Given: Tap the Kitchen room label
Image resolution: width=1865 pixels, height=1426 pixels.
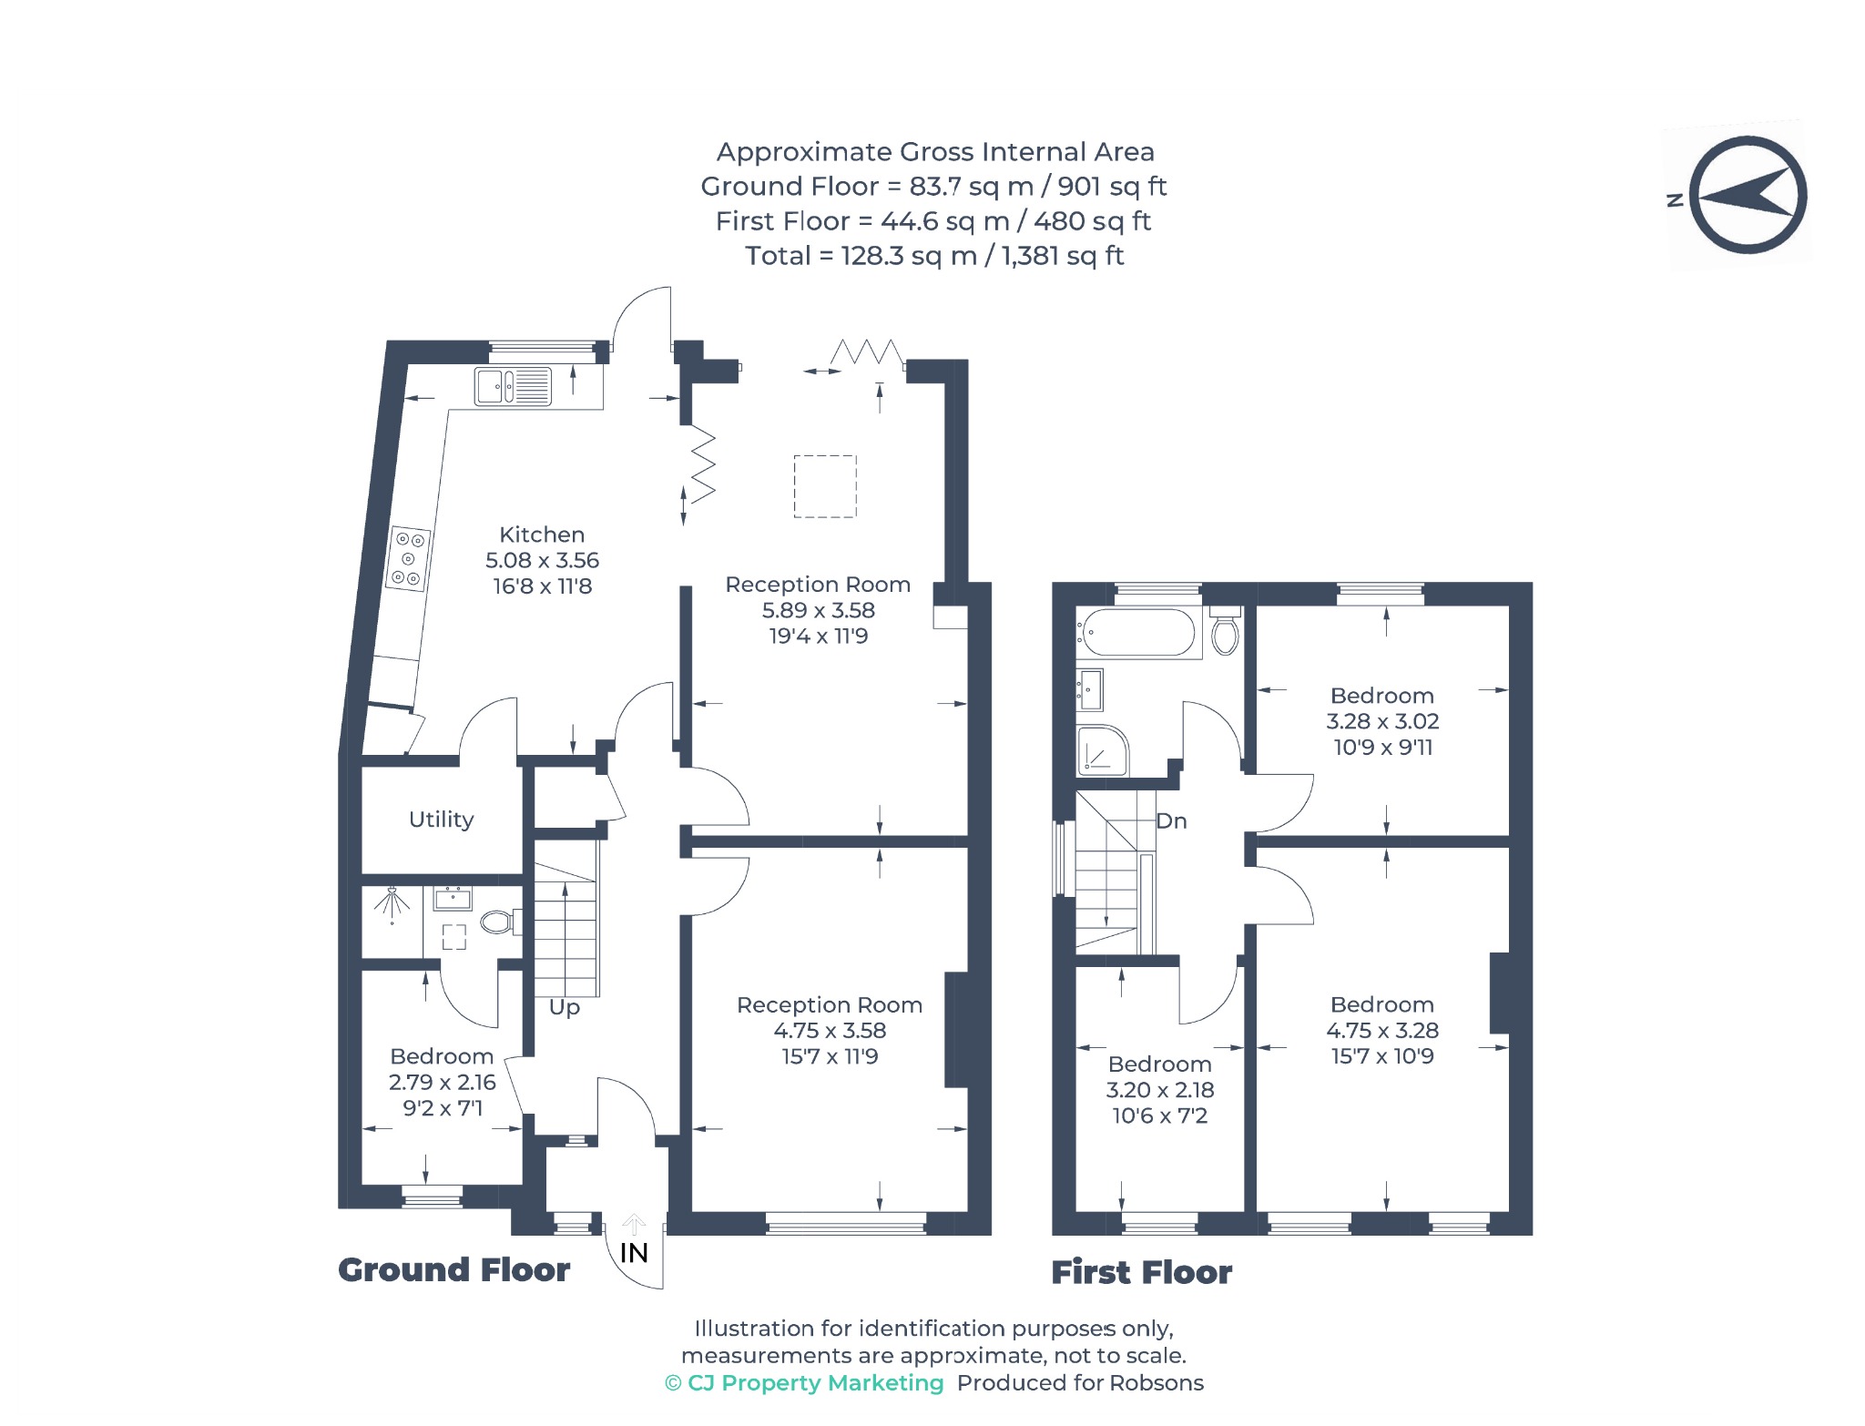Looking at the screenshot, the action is click(542, 535).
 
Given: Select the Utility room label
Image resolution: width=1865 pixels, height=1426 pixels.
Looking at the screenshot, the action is click(442, 820).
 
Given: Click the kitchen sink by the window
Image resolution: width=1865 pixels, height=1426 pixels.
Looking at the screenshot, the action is click(513, 386).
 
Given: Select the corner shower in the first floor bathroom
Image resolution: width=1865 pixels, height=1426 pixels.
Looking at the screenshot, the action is click(1102, 750).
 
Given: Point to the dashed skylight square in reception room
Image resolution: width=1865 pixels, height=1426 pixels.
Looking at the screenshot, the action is click(825, 486).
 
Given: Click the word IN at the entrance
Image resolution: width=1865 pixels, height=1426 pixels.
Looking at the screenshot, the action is click(634, 1253).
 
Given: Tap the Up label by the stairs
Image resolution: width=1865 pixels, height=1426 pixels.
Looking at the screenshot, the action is click(565, 1008).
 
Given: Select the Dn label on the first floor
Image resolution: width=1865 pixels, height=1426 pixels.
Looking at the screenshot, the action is click(1171, 821).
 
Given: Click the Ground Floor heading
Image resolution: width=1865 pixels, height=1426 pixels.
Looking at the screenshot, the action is click(454, 1269).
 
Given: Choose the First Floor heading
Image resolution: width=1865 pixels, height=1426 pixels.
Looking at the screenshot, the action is click(1141, 1272).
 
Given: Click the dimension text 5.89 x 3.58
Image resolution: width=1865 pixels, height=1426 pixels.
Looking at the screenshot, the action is click(819, 610).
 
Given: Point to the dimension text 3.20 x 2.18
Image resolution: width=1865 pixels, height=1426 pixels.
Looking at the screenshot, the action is click(1160, 1090).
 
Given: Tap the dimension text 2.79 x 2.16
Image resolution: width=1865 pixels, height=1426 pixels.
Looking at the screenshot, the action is click(443, 1083).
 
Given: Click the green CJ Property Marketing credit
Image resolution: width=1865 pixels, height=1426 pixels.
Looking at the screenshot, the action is click(804, 1383).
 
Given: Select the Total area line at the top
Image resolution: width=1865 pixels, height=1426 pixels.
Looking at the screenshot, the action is click(934, 256).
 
